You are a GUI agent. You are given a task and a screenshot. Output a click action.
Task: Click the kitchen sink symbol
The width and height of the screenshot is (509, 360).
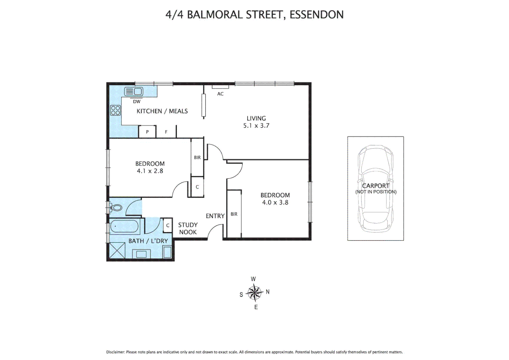[134, 91]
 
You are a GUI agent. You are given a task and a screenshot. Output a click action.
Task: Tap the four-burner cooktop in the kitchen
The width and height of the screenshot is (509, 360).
[116, 110]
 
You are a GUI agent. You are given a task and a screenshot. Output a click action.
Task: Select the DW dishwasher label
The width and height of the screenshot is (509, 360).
[137, 102]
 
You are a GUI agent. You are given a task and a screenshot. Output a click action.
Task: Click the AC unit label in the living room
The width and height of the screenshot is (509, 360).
[220, 94]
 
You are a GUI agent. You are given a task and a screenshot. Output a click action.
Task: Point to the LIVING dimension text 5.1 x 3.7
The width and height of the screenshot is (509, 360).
[256, 126]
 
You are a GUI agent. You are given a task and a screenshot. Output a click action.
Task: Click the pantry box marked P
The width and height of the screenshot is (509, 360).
[147, 132]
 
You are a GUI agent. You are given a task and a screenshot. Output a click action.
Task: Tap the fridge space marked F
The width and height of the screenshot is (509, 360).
[166, 132]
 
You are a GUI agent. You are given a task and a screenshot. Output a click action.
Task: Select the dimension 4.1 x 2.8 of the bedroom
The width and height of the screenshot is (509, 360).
[150, 171]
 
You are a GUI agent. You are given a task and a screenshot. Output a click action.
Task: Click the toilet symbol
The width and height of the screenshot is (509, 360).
[116, 208]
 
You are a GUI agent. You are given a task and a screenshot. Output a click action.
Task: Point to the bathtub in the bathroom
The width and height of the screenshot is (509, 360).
[124, 227]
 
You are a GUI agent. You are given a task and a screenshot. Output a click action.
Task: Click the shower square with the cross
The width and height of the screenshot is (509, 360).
[117, 250]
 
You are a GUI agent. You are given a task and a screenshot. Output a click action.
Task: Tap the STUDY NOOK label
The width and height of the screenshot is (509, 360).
[188, 229]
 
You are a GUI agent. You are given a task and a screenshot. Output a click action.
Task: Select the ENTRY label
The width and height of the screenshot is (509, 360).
[215, 216]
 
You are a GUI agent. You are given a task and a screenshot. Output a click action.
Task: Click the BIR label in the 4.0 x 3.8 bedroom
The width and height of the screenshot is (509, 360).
[234, 214]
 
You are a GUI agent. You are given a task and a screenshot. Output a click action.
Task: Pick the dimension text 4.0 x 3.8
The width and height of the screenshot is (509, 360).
[275, 202]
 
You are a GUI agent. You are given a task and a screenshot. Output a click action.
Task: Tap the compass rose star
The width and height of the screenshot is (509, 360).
[254, 293]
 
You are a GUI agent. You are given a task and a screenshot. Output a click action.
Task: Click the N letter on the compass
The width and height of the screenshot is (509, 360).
[267, 292]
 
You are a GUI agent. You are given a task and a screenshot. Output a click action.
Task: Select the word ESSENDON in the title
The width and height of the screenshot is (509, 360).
[316, 15]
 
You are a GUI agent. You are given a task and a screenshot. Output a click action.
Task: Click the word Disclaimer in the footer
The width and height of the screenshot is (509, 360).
[115, 352]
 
